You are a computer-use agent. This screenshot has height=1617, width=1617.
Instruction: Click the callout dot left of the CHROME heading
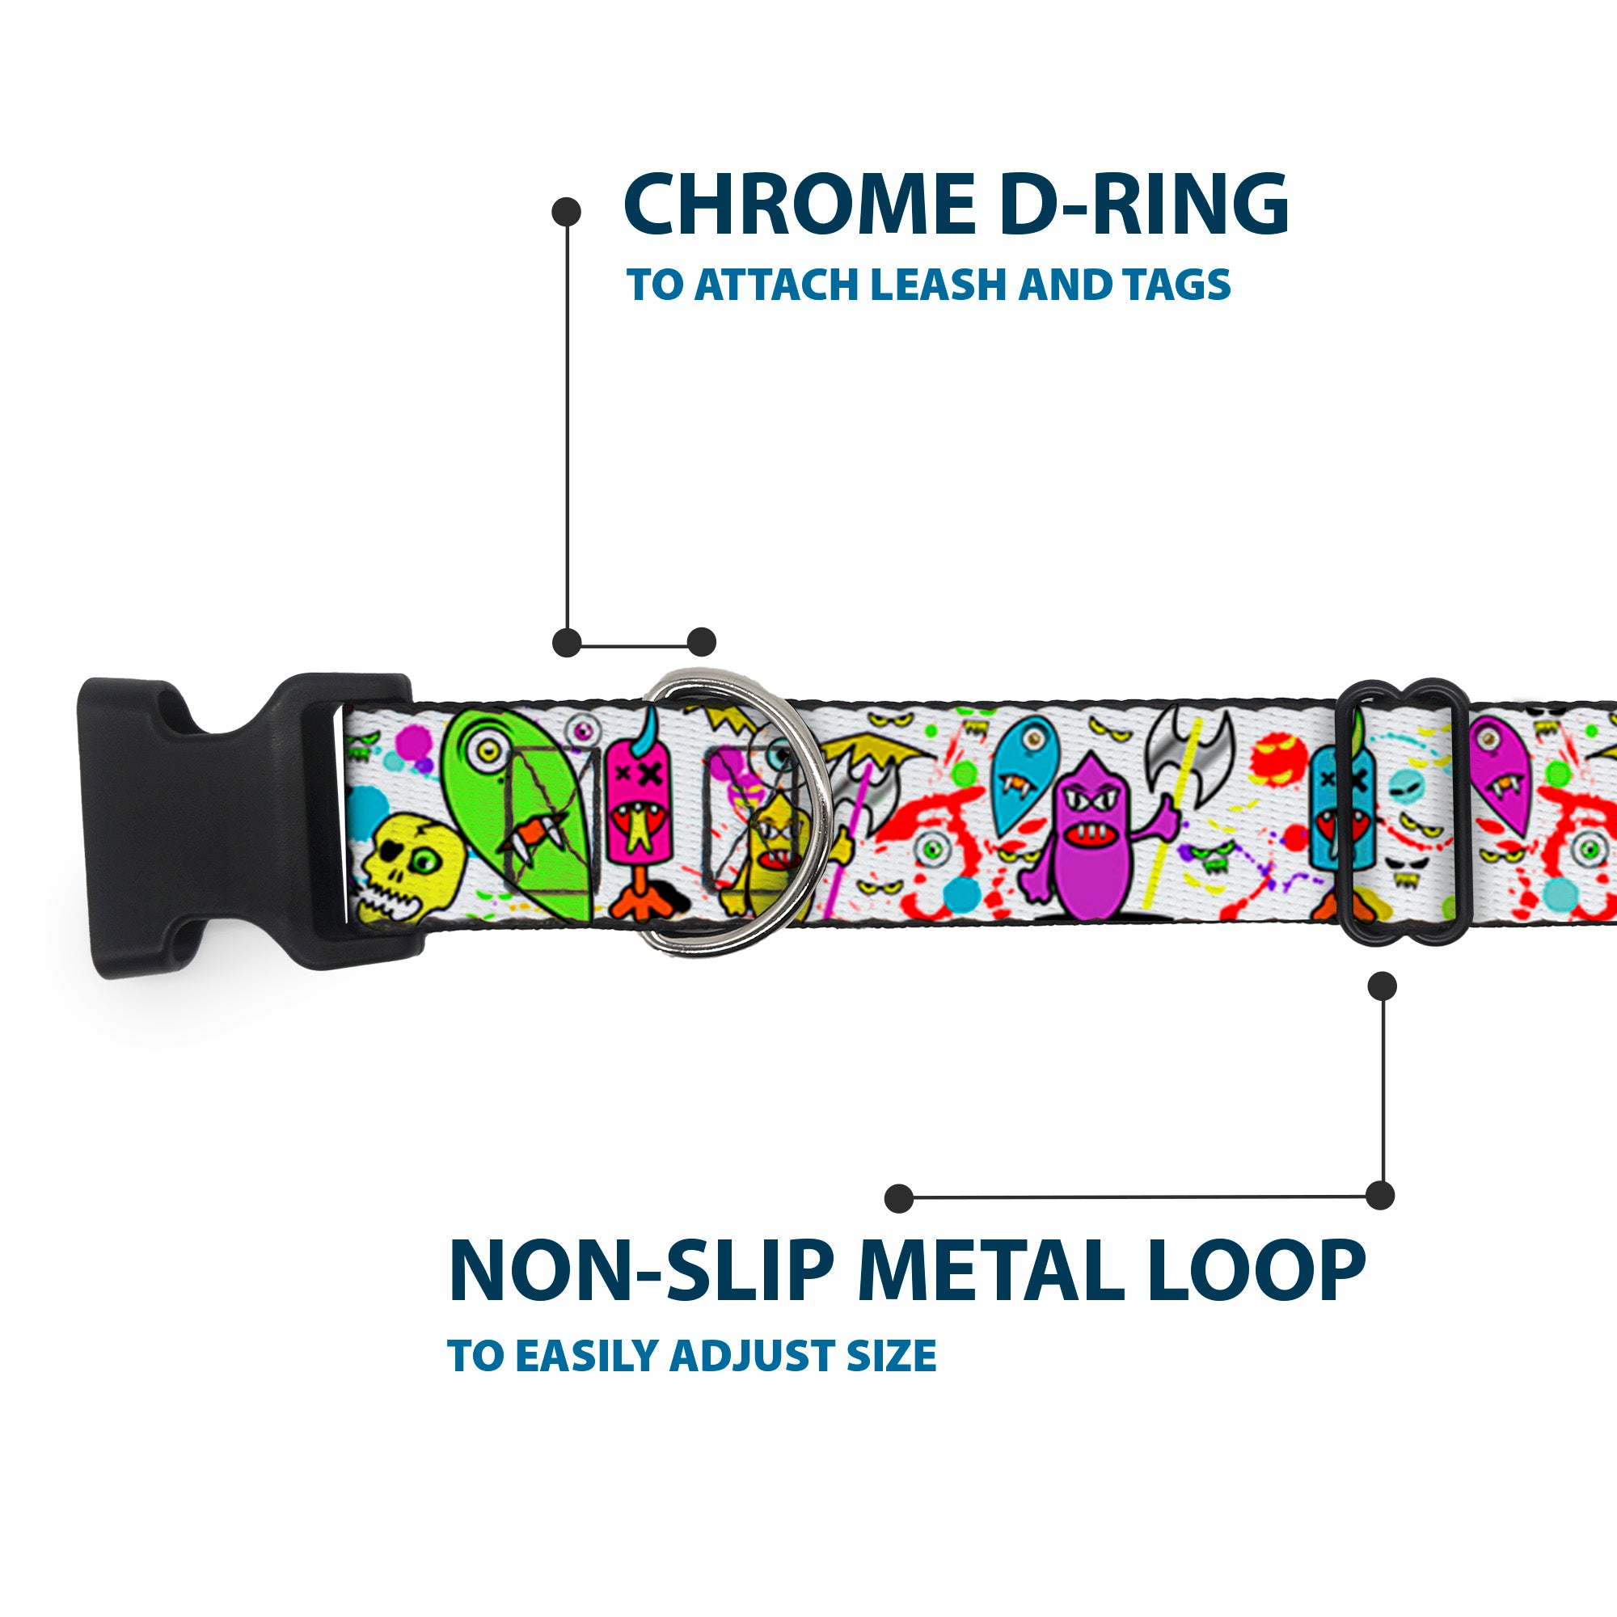tap(567, 211)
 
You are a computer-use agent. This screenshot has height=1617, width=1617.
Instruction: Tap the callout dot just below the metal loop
tap(1382, 986)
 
